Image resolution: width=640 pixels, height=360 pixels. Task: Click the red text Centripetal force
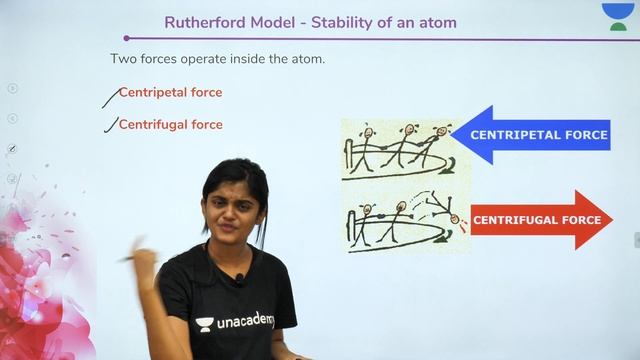[170, 93]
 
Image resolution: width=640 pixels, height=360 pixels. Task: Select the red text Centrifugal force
[170, 125]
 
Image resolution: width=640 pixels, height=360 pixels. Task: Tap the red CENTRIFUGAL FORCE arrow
[540, 220]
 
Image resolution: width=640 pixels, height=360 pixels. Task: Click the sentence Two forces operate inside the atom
[217, 59]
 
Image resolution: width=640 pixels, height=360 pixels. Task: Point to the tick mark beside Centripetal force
[111, 96]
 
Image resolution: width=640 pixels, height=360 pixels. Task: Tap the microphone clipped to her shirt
[240, 279]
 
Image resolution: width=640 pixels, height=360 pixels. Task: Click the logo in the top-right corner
[617, 17]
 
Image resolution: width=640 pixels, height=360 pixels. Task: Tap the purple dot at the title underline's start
[126, 39]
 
